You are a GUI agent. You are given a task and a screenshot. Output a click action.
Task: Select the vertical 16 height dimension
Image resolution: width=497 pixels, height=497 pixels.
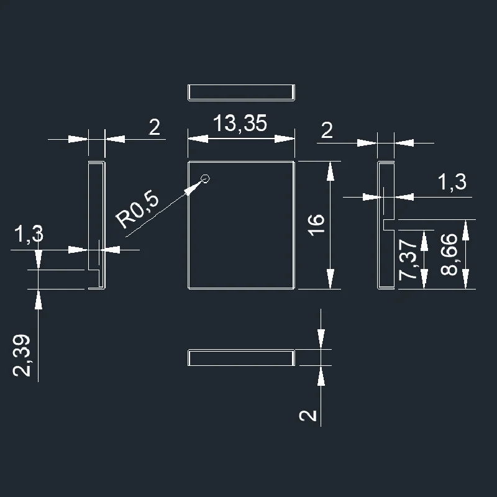(315, 223)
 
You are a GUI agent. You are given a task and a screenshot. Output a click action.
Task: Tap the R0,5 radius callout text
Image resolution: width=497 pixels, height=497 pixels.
(139, 210)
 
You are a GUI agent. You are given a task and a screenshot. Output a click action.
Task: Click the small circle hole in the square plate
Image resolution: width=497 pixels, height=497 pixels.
(206, 179)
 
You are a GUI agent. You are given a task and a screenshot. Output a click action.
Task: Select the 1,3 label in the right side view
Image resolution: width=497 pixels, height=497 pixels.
(452, 182)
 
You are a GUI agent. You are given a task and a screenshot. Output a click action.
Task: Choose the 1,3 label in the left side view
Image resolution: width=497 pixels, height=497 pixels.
(29, 234)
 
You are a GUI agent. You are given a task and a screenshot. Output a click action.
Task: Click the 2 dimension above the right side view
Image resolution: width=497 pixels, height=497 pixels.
(327, 130)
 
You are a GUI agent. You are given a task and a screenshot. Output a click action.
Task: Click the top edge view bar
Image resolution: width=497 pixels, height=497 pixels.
(241, 91)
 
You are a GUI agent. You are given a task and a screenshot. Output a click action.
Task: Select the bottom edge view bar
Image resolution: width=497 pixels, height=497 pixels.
(241, 357)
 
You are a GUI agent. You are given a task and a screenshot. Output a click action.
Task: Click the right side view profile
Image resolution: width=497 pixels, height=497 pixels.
(384, 224)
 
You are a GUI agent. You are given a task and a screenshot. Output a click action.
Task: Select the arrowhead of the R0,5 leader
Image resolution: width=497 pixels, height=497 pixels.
(194, 188)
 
